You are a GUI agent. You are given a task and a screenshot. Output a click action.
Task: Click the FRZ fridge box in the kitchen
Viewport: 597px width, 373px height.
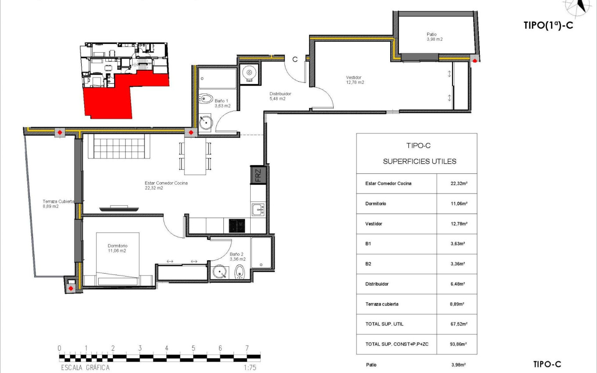(258, 175)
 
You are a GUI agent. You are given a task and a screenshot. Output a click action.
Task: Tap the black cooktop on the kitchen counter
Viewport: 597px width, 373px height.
(236, 226)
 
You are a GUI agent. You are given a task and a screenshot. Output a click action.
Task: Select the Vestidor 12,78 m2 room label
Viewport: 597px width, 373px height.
(355, 80)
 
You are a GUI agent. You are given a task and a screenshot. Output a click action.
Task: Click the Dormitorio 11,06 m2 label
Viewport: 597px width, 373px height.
(117, 248)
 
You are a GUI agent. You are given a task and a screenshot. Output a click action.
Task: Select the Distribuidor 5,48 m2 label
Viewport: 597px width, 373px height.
(280, 96)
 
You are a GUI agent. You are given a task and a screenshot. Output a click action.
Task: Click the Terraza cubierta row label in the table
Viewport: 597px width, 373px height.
(382, 304)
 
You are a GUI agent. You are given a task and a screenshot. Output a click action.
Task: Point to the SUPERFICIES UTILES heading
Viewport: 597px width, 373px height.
(419, 161)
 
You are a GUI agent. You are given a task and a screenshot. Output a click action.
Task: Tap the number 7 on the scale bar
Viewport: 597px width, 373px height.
(247, 348)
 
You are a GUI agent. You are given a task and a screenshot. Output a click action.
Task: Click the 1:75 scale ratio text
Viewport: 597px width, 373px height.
(250, 368)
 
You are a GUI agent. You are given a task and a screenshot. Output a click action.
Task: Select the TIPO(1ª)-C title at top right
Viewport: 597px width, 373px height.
(548, 25)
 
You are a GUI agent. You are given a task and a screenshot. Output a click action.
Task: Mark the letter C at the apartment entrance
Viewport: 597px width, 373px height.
(295, 60)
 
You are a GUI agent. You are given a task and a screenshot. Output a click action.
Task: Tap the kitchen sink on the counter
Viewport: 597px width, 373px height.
(258, 210)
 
